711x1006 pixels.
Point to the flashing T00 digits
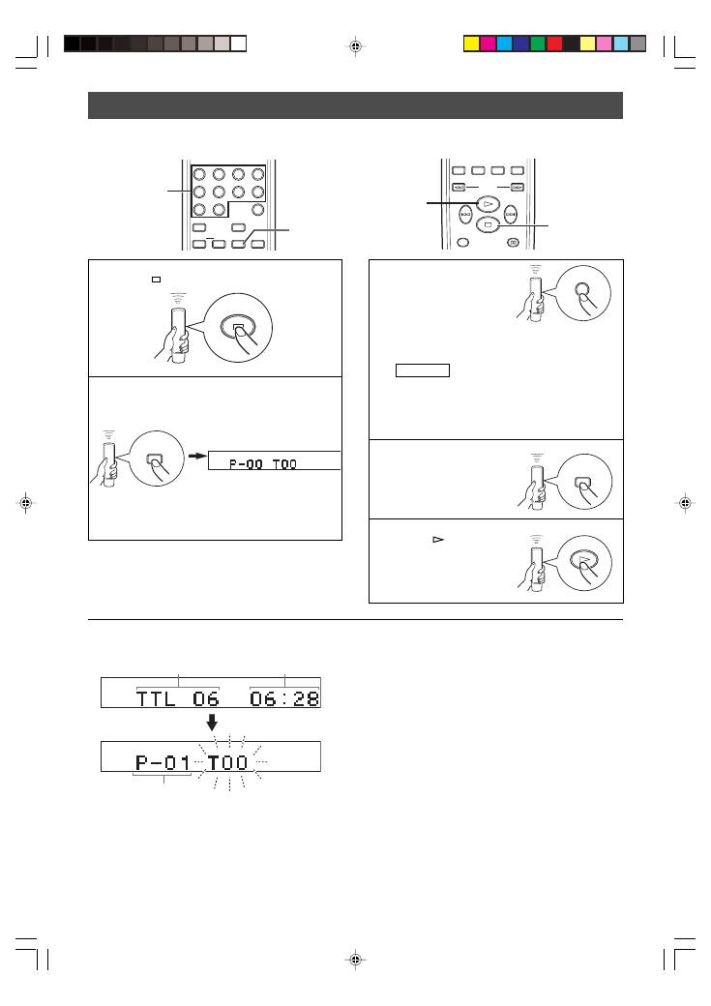click(x=228, y=762)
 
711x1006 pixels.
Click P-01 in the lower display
click(x=163, y=762)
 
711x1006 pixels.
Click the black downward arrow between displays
click(x=212, y=724)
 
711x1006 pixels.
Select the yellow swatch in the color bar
click(x=471, y=43)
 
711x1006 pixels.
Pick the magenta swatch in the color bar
click(x=488, y=43)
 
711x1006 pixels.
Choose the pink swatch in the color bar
click(x=604, y=43)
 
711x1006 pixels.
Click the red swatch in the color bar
click(x=554, y=43)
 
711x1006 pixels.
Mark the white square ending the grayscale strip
click(x=239, y=43)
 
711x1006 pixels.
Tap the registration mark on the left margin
click(x=26, y=503)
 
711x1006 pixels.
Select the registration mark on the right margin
click(x=684, y=503)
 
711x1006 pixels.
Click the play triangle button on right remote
click(x=489, y=205)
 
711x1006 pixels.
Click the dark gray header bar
click(x=355, y=104)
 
